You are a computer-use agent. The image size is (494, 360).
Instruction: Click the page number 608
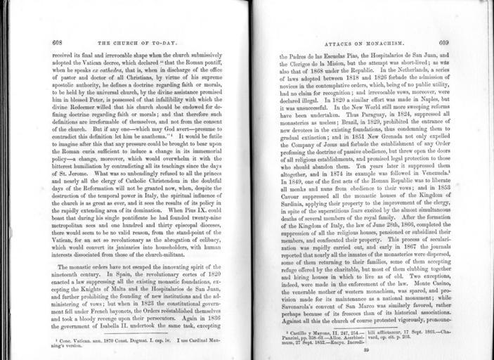pyautogui.click(x=57, y=43)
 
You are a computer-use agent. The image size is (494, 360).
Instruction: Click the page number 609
pyautogui.click(x=443, y=43)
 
